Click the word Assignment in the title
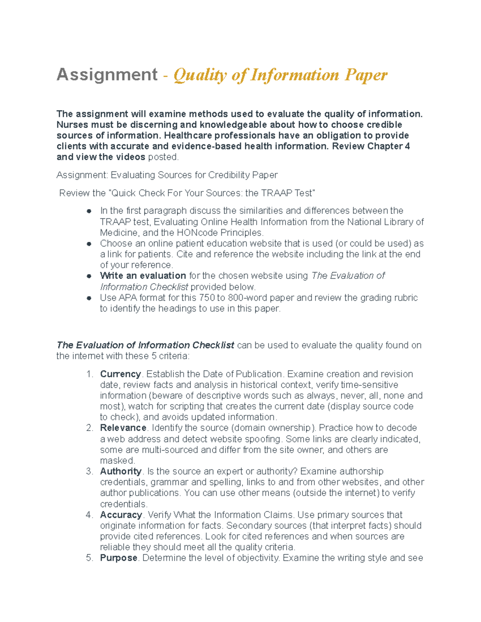point(107,75)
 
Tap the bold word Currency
point(120,374)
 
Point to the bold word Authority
point(121,471)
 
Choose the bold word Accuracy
point(121,515)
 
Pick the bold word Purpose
point(119,558)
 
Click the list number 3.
point(89,471)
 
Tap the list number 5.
point(89,558)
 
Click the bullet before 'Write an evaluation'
point(89,276)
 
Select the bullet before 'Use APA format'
point(89,298)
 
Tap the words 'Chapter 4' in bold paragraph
point(388,146)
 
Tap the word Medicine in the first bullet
point(119,233)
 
